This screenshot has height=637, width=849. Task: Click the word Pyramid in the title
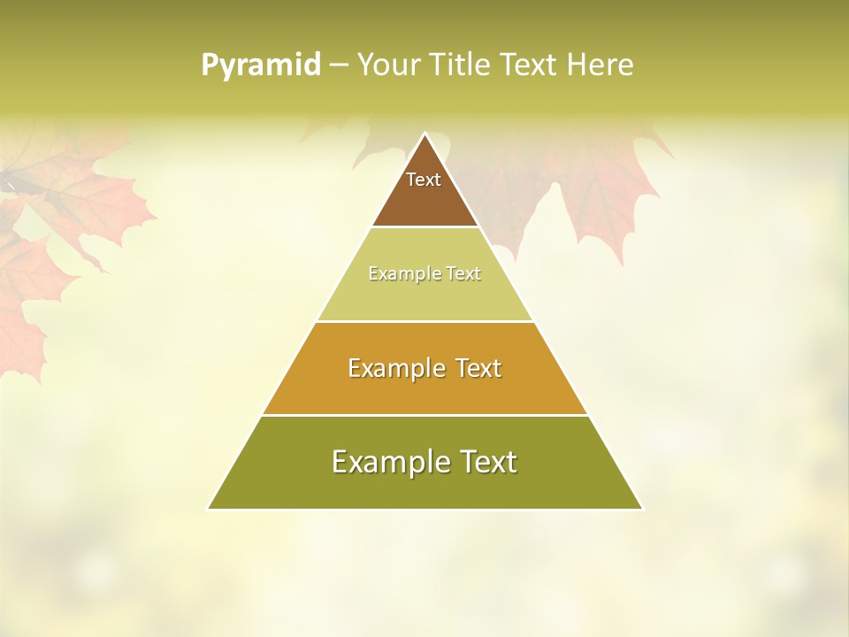(261, 65)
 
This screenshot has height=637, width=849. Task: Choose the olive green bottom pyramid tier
(424, 487)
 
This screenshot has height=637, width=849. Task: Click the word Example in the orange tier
(389, 368)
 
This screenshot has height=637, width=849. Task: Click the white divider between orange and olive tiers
(424, 415)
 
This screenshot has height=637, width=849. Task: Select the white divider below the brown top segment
(424, 227)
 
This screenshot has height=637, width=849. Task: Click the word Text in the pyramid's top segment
(424, 180)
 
